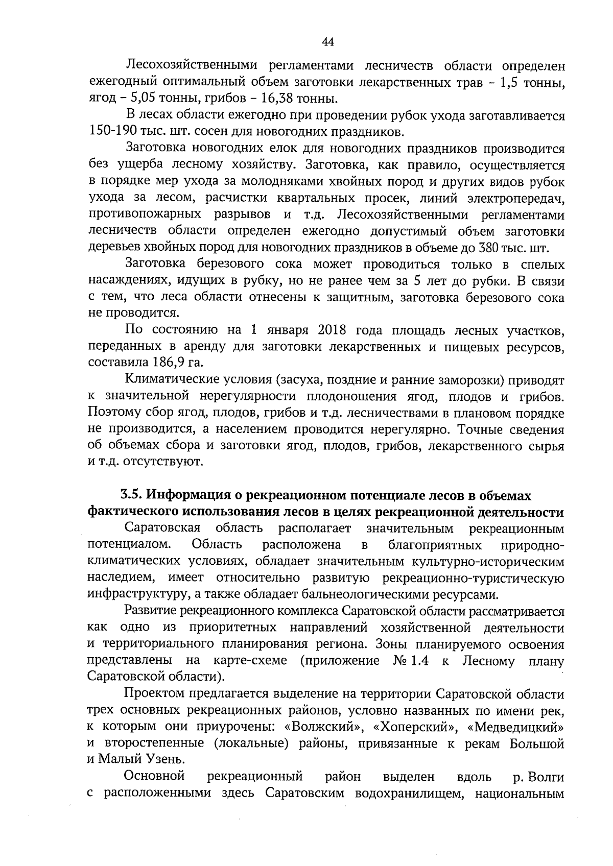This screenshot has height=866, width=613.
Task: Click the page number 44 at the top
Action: [328, 42]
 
